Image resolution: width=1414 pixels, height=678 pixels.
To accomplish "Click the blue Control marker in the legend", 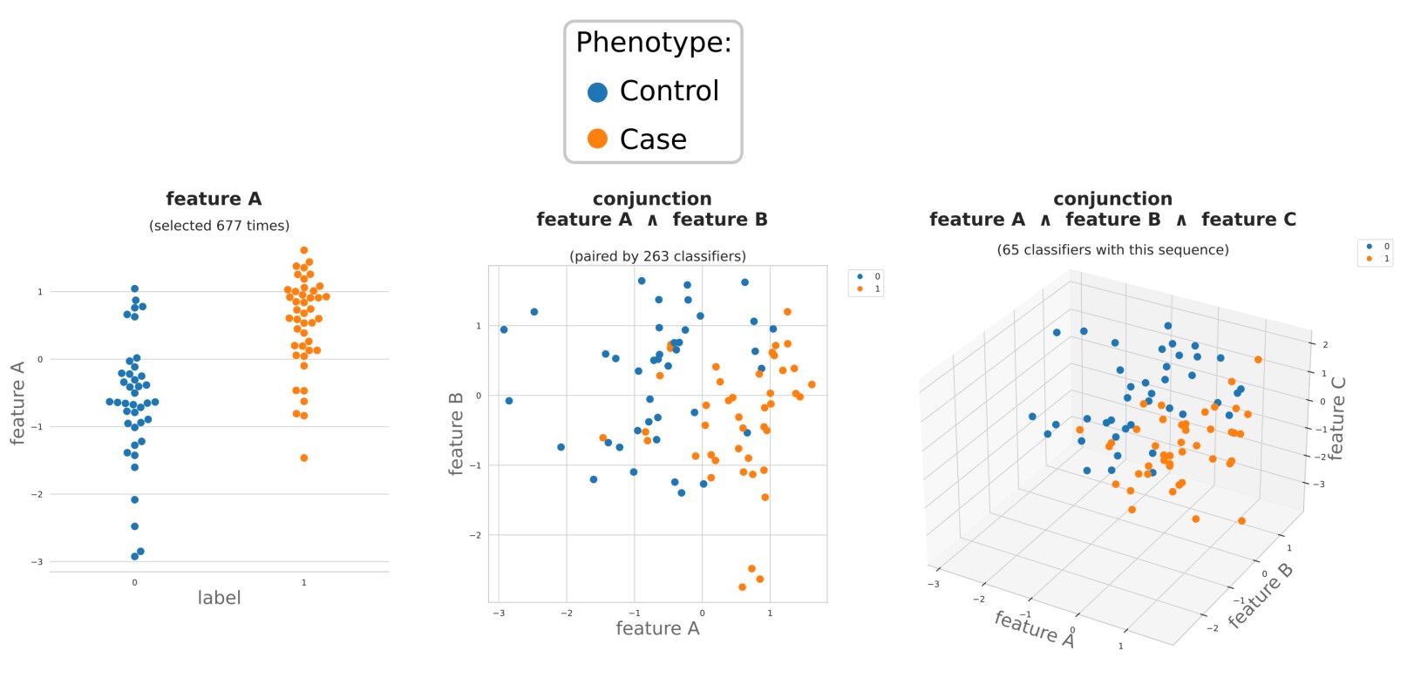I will click(597, 92).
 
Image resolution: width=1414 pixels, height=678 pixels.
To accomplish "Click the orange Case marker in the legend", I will click(597, 139).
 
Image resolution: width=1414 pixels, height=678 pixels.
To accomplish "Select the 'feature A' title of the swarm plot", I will click(214, 199).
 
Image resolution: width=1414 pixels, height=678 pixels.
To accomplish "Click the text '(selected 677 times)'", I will click(219, 226).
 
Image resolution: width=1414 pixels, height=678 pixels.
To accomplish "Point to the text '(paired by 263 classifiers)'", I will click(657, 256).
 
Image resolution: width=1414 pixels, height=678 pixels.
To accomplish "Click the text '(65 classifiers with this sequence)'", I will click(1112, 250).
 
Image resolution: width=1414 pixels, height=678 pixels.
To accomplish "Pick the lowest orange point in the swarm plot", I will click(303, 458).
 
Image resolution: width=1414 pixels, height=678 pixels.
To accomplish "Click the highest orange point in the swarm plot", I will click(303, 250).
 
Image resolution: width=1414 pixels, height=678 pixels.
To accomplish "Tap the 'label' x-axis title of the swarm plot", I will click(219, 598).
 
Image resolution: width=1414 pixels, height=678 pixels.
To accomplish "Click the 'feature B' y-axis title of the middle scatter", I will click(456, 433).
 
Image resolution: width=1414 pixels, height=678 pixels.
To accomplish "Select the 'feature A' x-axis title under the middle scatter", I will click(657, 628).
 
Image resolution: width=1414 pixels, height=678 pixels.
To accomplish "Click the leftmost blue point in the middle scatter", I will click(504, 329).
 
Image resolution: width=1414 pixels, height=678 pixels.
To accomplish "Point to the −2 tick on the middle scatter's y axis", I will click(475, 535).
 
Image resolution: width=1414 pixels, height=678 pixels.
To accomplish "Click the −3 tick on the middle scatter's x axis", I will click(499, 614).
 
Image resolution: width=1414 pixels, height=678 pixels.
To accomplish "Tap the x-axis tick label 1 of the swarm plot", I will click(303, 582).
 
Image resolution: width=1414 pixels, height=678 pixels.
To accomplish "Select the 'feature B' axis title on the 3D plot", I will click(1261, 595).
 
